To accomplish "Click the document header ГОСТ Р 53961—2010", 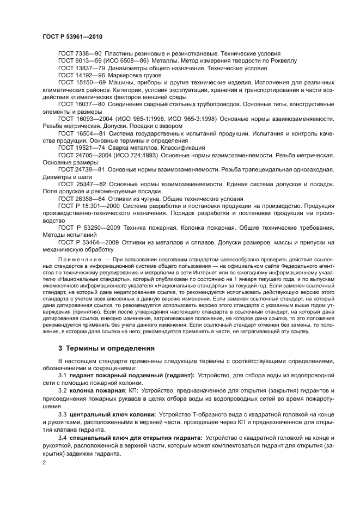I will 72,35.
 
